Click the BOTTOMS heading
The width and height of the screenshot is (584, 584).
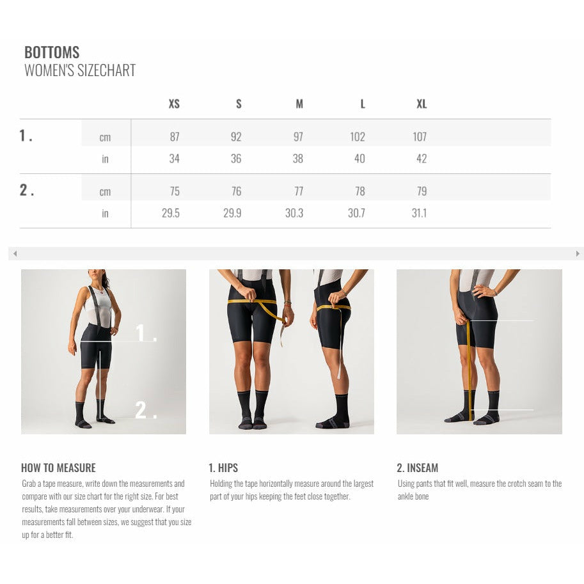(52, 52)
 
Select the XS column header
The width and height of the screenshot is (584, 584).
(174, 104)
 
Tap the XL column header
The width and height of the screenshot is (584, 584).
(422, 104)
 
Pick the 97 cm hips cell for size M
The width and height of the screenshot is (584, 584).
(298, 137)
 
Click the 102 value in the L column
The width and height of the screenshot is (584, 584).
(358, 137)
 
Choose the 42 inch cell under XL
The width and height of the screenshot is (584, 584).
(422, 159)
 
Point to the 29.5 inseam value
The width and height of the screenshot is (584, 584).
(171, 213)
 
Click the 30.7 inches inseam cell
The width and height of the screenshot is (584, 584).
(356, 213)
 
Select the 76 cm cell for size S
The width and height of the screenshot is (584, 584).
(236, 191)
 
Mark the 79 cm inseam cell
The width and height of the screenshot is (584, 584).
(422, 191)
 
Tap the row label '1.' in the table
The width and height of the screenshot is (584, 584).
(26, 135)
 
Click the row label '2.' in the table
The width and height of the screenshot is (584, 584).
(26, 190)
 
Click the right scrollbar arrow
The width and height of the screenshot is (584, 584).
(578, 254)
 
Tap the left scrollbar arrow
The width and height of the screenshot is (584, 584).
(15, 254)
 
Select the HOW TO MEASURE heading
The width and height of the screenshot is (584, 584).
(58, 468)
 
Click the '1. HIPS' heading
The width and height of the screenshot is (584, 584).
(223, 468)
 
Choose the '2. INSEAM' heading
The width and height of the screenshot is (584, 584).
(418, 468)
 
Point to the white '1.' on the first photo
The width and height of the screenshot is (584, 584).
(146, 333)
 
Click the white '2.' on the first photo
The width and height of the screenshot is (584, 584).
(146, 409)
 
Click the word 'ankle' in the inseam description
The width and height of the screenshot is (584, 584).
(405, 496)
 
